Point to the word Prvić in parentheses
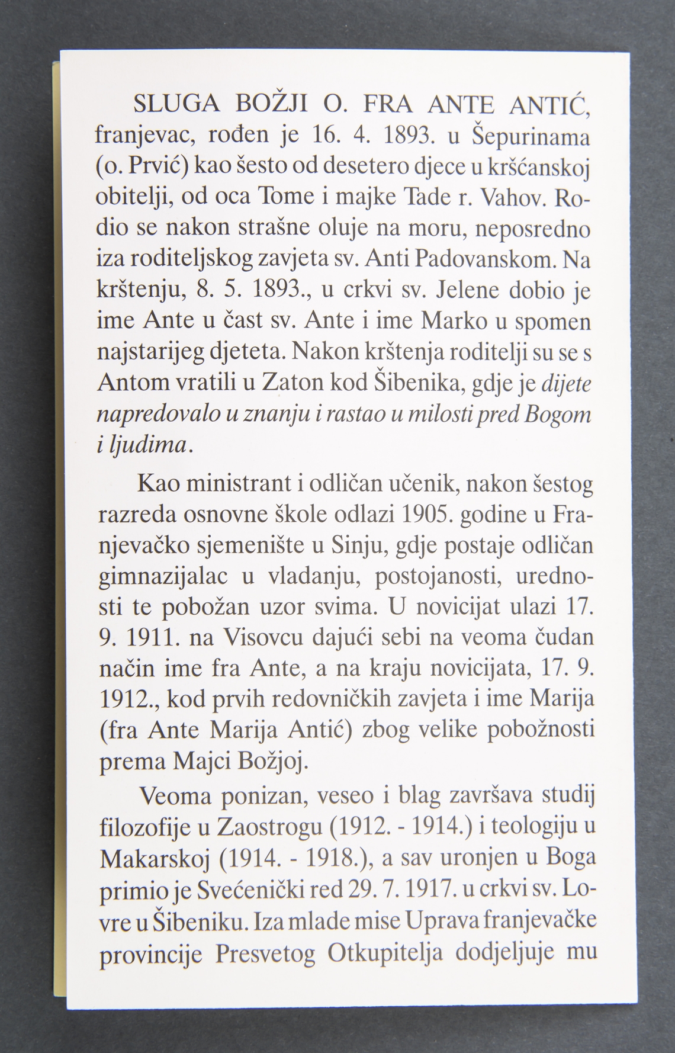155,168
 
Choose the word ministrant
239,484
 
